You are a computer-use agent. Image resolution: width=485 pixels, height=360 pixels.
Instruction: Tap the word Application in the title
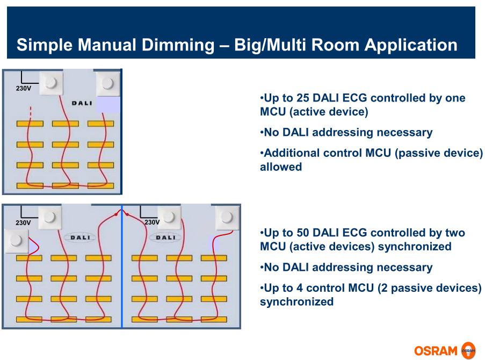411,45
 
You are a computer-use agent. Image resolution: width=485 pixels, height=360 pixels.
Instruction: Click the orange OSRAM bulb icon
468,350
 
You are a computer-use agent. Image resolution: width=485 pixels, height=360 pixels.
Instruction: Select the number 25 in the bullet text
303,98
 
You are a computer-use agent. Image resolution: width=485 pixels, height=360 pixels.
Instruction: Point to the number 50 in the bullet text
303,233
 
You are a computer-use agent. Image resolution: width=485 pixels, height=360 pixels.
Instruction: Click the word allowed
281,167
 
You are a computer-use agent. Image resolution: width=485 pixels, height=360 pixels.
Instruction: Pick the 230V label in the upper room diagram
24,88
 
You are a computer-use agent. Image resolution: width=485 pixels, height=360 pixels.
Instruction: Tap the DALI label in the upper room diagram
82,103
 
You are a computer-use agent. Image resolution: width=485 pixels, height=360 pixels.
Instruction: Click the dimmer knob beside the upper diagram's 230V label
52,83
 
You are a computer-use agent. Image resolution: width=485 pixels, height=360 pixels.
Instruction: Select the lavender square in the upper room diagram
108,105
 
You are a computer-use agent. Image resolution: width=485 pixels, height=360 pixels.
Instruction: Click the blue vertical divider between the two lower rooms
122,266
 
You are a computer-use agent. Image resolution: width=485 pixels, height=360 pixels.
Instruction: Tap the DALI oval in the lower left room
80,237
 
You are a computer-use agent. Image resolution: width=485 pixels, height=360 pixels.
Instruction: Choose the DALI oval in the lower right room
165,237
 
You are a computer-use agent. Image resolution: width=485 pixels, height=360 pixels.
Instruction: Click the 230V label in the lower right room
152,222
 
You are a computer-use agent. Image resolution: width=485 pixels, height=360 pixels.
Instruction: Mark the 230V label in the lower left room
23,223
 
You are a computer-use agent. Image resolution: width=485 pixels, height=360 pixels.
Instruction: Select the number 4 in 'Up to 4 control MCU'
299,288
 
